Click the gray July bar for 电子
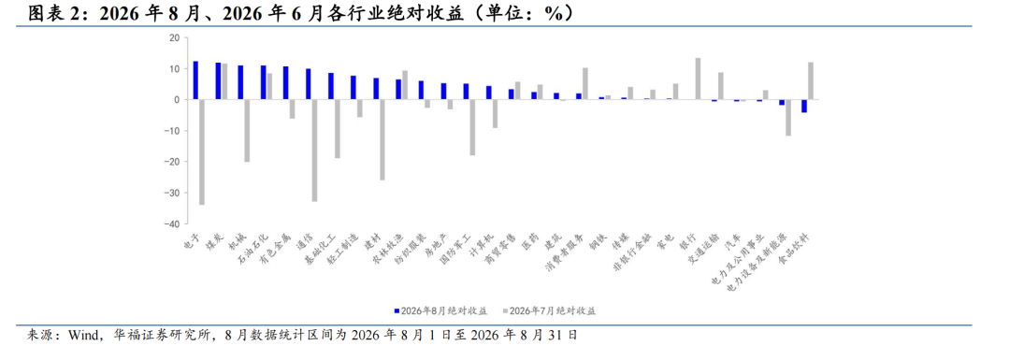(x=202, y=152)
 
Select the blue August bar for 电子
(x=195, y=80)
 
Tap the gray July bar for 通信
(x=314, y=151)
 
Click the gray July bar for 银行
(x=698, y=79)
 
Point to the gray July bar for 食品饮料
(x=810, y=81)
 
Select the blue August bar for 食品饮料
(x=804, y=107)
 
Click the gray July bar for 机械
(x=247, y=131)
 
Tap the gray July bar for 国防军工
(x=472, y=127)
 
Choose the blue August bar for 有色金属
(x=286, y=83)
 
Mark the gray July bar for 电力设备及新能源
(x=787, y=118)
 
